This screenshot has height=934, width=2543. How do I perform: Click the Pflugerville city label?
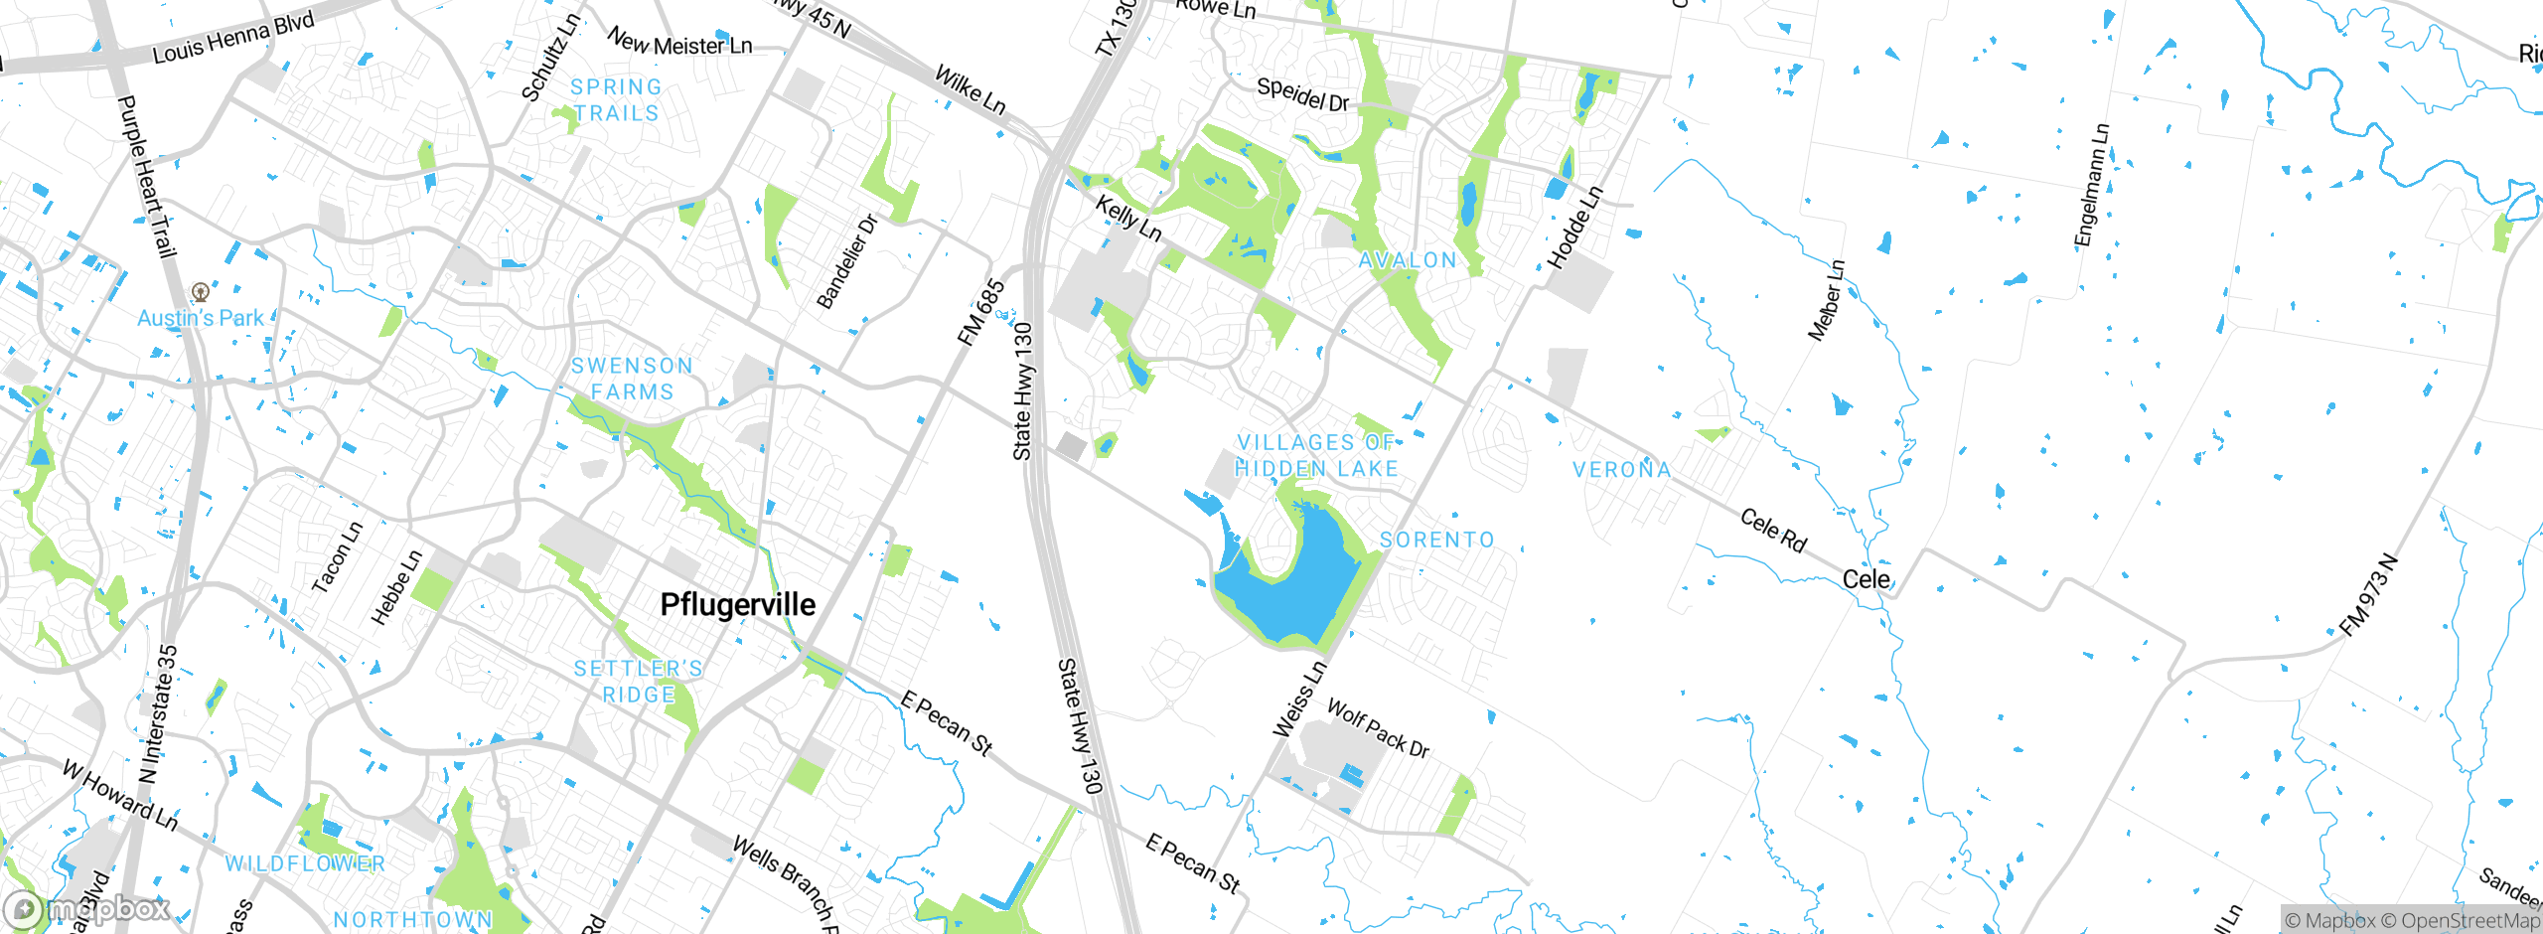click(737, 604)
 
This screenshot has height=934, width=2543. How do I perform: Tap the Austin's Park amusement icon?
click(201, 292)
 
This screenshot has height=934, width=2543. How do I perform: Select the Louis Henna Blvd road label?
click(233, 38)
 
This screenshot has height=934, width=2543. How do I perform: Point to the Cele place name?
click(1867, 579)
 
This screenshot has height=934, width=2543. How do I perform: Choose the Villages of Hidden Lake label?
click(1316, 456)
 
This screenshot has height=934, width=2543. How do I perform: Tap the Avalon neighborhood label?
click(1408, 260)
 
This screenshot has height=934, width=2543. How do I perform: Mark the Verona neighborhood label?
click(1622, 469)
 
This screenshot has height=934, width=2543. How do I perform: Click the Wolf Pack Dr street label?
click(1378, 728)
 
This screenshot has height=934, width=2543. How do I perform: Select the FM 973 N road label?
click(2368, 596)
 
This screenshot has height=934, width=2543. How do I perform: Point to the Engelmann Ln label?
click(2091, 185)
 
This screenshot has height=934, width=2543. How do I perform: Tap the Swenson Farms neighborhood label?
click(632, 379)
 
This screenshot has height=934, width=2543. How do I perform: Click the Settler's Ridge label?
click(639, 682)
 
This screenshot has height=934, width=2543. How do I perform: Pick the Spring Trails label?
click(616, 100)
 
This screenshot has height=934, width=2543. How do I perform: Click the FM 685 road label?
click(980, 313)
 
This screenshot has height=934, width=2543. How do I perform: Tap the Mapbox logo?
click(87, 908)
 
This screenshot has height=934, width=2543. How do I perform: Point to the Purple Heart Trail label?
click(147, 177)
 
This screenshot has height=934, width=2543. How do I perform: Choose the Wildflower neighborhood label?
click(305, 863)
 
